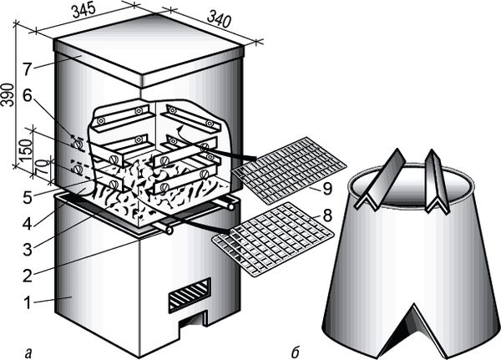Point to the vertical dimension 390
click(x=7, y=94)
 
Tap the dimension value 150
click(x=28, y=150)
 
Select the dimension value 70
click(x=43, y=166)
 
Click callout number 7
click(x=28, y=68)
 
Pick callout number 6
click(x=28, y=95)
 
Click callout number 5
click(x=28, y=197)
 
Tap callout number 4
click(x=28, y=223)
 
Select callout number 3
click(x=28, y=249)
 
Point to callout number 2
click(x=28, y=275)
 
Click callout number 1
click(x=28, y=302)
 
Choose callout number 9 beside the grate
click(x=327, y=189)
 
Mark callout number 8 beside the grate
click(x=327, y=215)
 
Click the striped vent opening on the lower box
click(x=190, y=295)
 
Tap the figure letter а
click(x=28, y=353)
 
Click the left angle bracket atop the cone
click(x=382, y=180)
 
